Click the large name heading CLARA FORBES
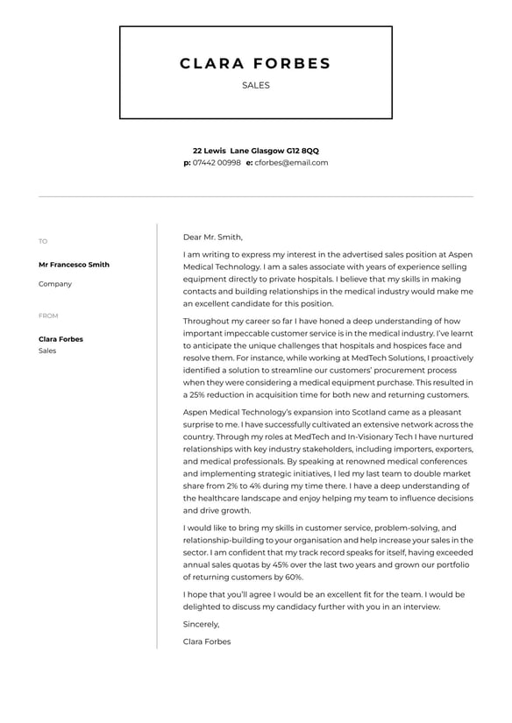pyautogui.click(x=255, y=63)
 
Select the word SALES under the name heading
pyautogui.click(x=255, y=86)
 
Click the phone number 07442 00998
pyautogui.click(x=217, y=162)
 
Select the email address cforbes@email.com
pyautogui.click(x=291, y=162)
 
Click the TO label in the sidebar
pyautogui.click(x=43, y=242)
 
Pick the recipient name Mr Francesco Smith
pyautogui.click(x=74, y=265)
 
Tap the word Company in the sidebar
pyautogui.click(x=55, y=284)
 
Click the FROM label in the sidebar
pyautogui.click(x=48, y=315)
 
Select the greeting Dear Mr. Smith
pyautogui.click(x=213, y=237)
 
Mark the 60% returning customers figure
pyautogui.click(x=293, y=578)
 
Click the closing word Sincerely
pyautogui.click(x=201, y=625)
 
